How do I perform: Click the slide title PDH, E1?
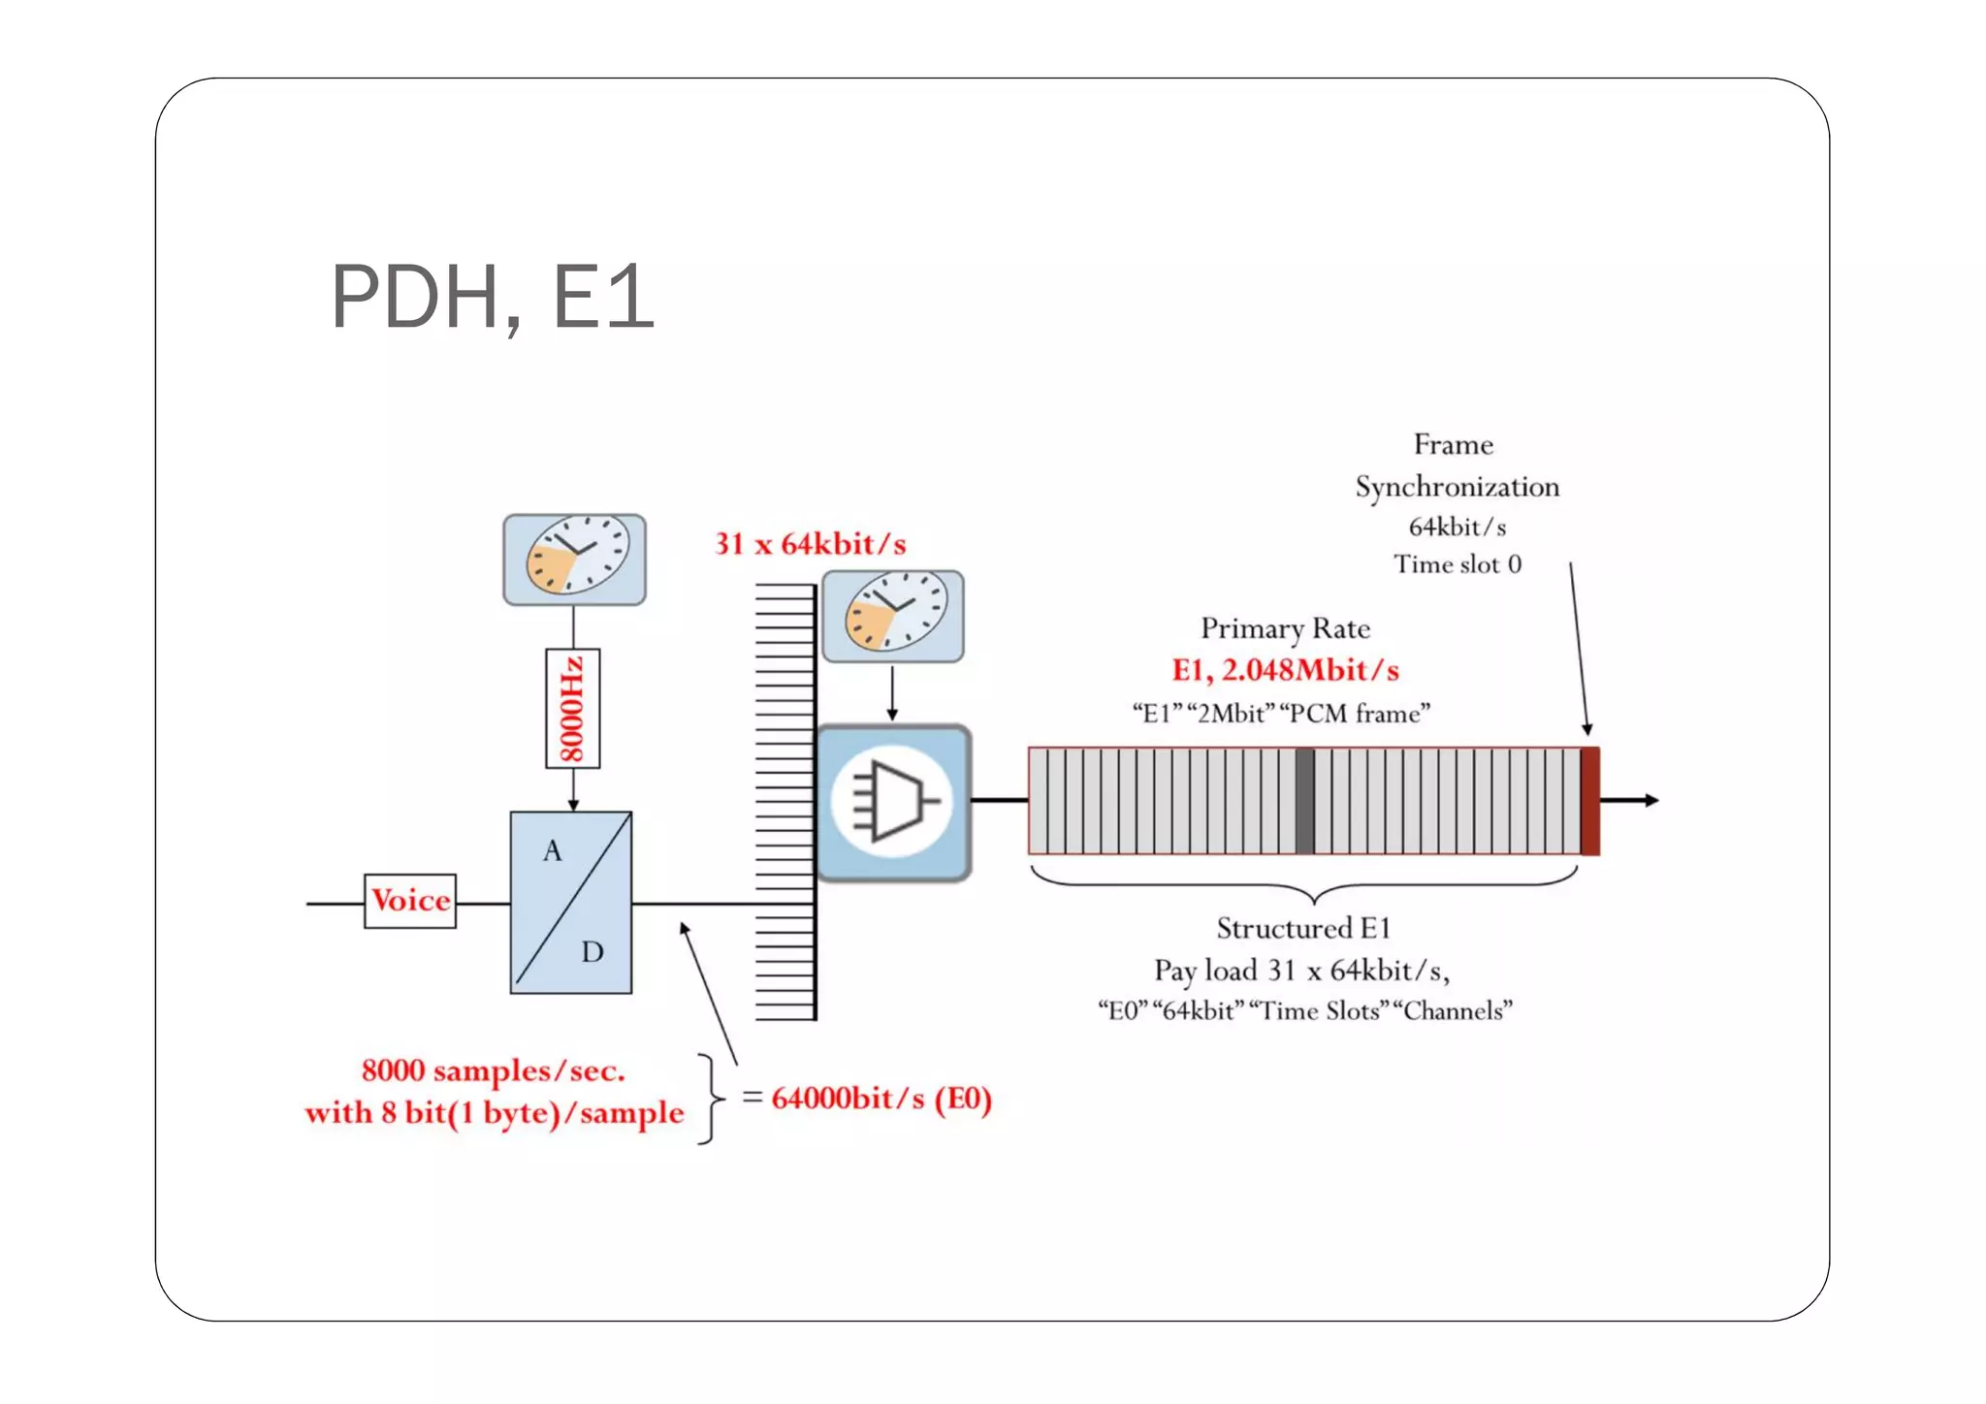point(493,297)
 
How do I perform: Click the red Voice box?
point(410,901)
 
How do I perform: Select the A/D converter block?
point(571,902)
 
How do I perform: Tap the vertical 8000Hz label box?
point(573,709)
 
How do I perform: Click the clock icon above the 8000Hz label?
point(575,559)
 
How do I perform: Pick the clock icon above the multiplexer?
point(893,616)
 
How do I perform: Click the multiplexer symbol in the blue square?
point(893,803)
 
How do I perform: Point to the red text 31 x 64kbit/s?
point(811,544)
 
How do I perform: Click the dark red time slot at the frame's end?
point(1589,801)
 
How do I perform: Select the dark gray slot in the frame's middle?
point(1305,801)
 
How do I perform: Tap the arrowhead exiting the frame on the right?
point(1651,800)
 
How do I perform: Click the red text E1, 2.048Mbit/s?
point(1285,670)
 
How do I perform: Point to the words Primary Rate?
point(1285,628)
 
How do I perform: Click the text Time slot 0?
point(1457,564)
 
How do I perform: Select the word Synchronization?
point(1457,487)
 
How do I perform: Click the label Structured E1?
point(1303,929)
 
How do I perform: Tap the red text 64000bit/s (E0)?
point(881,1099)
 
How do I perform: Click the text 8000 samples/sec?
point(494,1070)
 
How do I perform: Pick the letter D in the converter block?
point(593,952)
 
